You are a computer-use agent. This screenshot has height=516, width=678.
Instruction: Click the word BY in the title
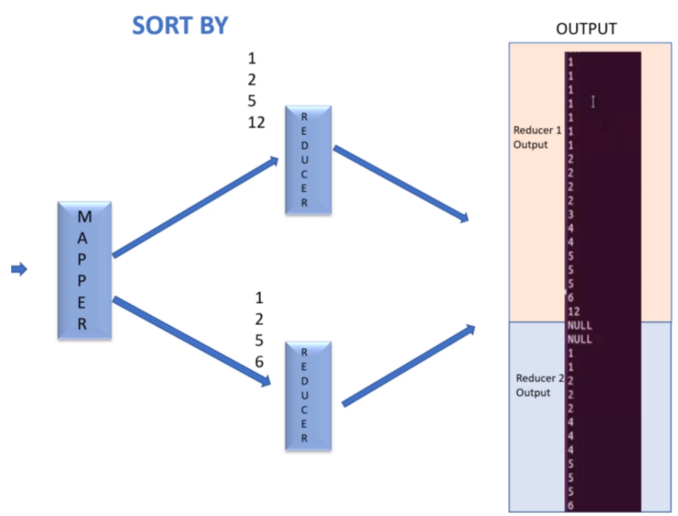[213, 25]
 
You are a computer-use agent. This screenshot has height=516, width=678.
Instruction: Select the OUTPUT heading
[586, 29]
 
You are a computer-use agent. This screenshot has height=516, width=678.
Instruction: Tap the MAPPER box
[85, 269]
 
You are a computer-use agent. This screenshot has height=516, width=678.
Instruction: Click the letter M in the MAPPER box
[85, 217]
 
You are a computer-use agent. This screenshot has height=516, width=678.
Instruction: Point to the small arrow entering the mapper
[19, 269]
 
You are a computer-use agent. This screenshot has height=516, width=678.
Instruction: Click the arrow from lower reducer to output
[408, 365]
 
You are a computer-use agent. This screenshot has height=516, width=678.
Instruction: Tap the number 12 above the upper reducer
[256, 122]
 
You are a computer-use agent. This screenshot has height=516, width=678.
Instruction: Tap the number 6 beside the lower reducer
[259, 362]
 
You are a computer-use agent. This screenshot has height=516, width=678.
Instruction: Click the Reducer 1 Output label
[536, 137]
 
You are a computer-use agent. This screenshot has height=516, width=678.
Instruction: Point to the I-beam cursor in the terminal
[593, 102]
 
